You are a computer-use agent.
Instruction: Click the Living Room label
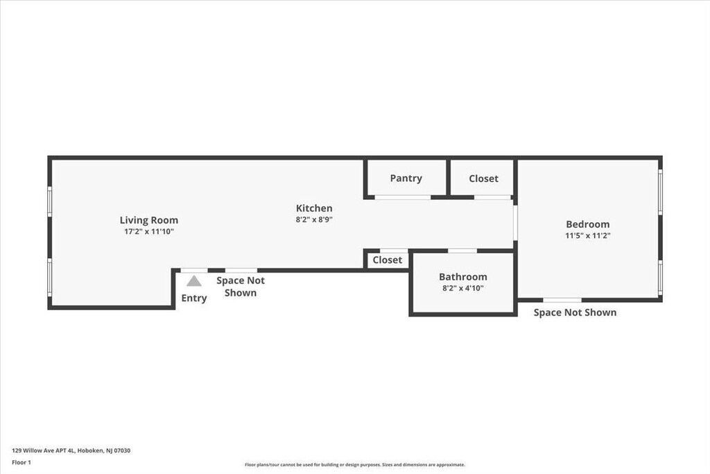pyautogui.click(x=149, y=220)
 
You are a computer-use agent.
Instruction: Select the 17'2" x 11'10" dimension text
pyautogui.click(x=149, y=232)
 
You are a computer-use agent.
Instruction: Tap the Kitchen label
pyautogui.click(x=314, y=208)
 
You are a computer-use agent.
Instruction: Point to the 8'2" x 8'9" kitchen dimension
pyautogui.click(x=314, y=220)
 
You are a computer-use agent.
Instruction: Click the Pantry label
pyautogui.click(x=406, y=178)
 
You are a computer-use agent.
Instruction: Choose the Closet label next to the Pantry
pyautogui.click(x=483, y=178)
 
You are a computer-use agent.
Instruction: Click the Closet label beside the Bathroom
pyautogui.click(x=387, y=260)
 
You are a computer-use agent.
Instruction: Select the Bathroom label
pyautogui.click(x=462, y=277)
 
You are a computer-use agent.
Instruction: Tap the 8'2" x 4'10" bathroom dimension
pyautogui.click(x=462, y=288)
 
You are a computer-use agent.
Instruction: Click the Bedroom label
pyautogui.click(x=588, y=224)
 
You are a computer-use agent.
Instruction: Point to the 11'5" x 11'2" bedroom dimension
pyautogui.click(x=588, y=236)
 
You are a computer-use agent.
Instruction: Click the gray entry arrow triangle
pyautogui.click(x=194, y=281)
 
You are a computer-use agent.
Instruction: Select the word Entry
pyautogui.click(x=194, y=298)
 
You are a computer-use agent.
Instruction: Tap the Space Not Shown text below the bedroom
pyautogui.click(x=575, y=313)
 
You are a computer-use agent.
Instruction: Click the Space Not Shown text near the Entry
pyautogui.click(x=241, y=287)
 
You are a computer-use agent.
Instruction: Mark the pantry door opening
pyautogui.click(x=403, y=198)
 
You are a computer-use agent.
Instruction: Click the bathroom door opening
pyautogui.click(x=462, y=251)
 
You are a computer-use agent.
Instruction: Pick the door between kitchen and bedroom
pyautogui.click(x=515, y=223)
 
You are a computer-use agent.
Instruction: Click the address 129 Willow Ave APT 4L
pyautogui.click(x=44, y=450)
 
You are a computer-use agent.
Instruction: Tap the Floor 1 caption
pyautogui.click(x=21, y=463)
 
